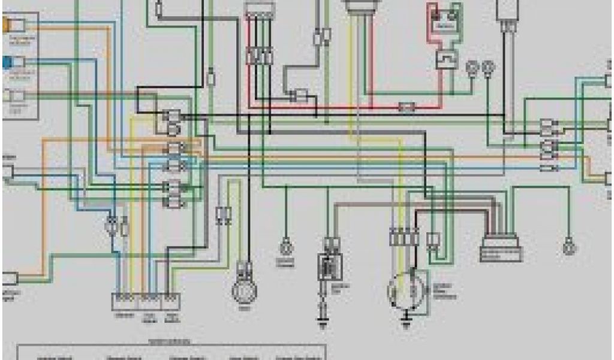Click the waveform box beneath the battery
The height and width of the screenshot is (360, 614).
(446, 59)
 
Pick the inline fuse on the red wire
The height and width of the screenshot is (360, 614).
(407, 107)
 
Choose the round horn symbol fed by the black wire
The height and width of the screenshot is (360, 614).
(244, 290)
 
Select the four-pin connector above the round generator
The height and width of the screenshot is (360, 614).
(403, 238)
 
